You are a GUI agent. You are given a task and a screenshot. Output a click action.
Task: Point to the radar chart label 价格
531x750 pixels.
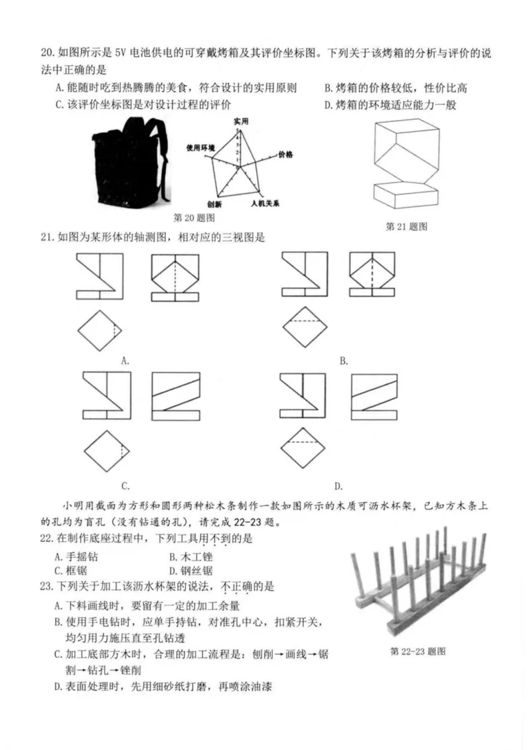click(286, 154)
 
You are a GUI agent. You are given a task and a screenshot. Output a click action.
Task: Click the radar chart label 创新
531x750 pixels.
click(214, 204)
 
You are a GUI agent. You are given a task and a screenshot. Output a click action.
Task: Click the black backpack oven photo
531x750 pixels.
click(129, 164)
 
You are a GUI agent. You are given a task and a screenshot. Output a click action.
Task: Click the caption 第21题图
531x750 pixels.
click(407, 226)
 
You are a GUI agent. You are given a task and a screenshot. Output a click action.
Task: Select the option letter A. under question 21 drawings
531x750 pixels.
click(124, 361)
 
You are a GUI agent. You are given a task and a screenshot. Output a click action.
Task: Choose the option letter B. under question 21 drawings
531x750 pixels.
click(344, 361)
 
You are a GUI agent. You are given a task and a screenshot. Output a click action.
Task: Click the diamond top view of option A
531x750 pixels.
click(100, 330)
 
